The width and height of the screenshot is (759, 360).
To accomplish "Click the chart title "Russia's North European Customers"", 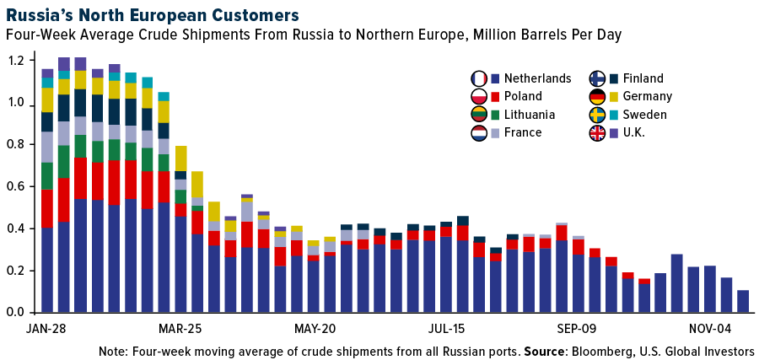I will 151,15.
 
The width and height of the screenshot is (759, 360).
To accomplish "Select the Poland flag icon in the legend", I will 480,97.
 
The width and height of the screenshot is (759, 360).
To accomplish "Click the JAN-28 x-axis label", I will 47,328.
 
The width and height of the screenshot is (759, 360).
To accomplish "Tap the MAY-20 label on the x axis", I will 315,328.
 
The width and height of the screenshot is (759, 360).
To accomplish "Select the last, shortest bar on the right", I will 743,301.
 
